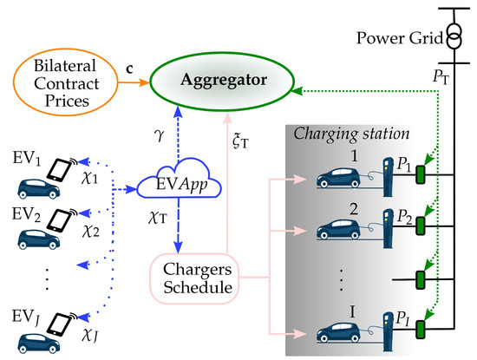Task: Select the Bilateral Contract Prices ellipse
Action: point(55,84)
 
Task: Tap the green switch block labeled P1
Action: point(421,172)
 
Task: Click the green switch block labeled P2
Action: point(421,223)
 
